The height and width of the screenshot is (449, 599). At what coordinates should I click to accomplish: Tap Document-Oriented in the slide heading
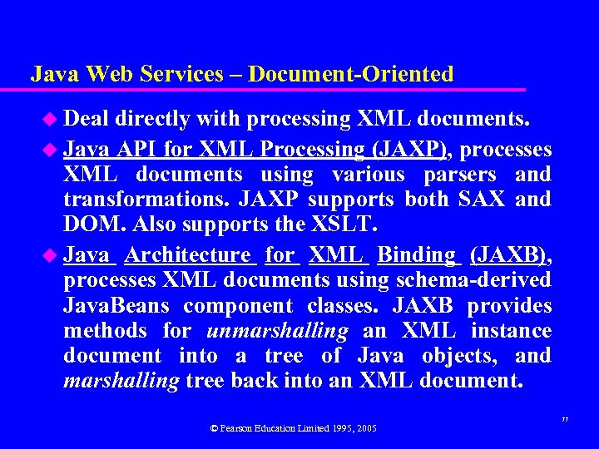350,74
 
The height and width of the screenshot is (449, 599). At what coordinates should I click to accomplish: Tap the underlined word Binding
418,255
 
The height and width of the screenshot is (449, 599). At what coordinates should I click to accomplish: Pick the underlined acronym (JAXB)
507,255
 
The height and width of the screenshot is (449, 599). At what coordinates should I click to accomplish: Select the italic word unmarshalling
277,331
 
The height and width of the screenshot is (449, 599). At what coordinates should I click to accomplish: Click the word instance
511,331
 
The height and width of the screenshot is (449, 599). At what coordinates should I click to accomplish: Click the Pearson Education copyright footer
294,428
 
